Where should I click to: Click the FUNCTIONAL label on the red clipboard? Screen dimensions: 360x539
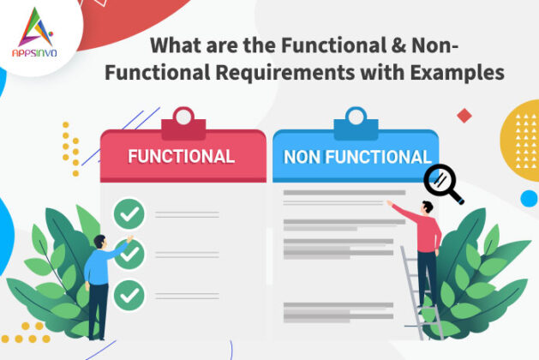coord(181,156)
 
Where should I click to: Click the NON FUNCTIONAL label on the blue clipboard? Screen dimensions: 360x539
coord(356,157)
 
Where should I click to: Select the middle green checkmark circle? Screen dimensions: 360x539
coord(129,253)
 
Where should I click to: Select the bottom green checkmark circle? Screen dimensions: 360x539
coord(129,293)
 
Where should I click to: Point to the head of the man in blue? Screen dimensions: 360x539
coord(102,243)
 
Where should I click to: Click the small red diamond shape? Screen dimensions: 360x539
coord(464,115)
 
